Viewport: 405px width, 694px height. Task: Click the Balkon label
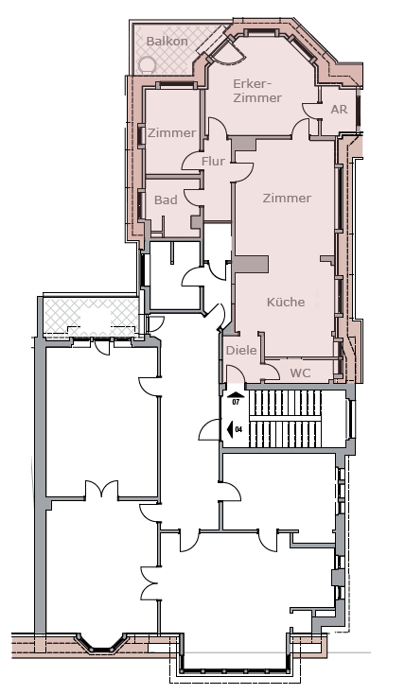click(167, 42)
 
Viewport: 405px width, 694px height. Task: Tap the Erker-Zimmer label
click(257, 91)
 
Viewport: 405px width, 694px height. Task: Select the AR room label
click(340, 109)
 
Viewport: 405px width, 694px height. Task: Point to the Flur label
click(213, 162)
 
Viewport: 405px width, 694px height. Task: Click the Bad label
click(166, 200)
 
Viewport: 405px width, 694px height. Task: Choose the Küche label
click(286, 302)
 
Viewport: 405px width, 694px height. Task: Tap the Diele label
click(241, 350)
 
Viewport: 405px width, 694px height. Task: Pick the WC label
click(300, 373)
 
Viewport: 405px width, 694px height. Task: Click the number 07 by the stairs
click(236, 403)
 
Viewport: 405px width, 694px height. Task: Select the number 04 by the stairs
click(238, 429)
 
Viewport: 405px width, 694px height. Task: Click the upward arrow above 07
click(236, 395)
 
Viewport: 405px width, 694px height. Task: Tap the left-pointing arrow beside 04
click(230, 429)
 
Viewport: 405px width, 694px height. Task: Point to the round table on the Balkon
click(146, 66)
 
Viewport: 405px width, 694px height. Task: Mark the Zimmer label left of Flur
click(172, 132)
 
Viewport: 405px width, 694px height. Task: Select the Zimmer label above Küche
click(287, 198)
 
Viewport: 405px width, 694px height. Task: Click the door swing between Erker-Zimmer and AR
click(309, 110)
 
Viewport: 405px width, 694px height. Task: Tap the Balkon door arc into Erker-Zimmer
click(229, 54)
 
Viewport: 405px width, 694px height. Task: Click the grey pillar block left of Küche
click(252, 264)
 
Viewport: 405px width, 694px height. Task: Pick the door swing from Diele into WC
click(272, 372)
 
